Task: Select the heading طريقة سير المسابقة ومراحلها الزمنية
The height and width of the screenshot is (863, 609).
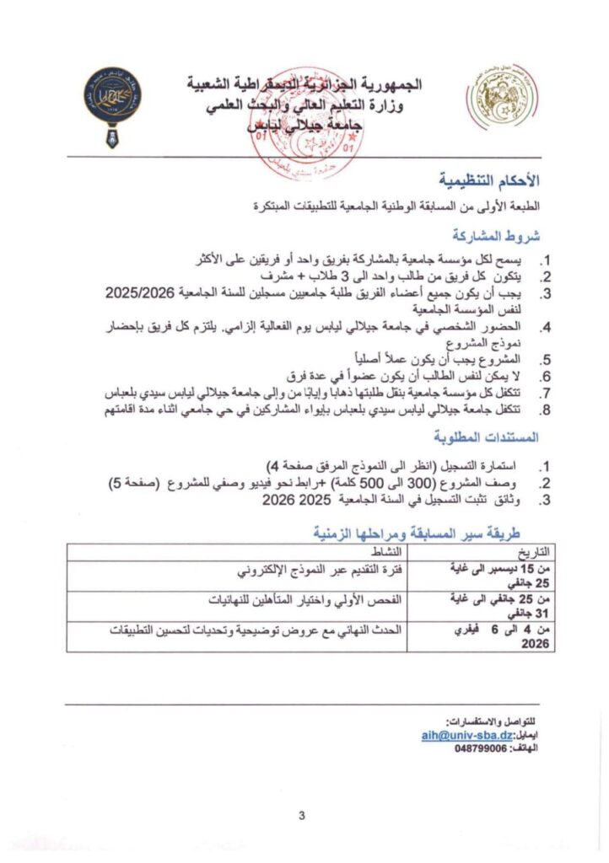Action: point(421,532)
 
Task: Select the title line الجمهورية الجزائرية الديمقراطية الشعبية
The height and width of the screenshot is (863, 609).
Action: point(304,85)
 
